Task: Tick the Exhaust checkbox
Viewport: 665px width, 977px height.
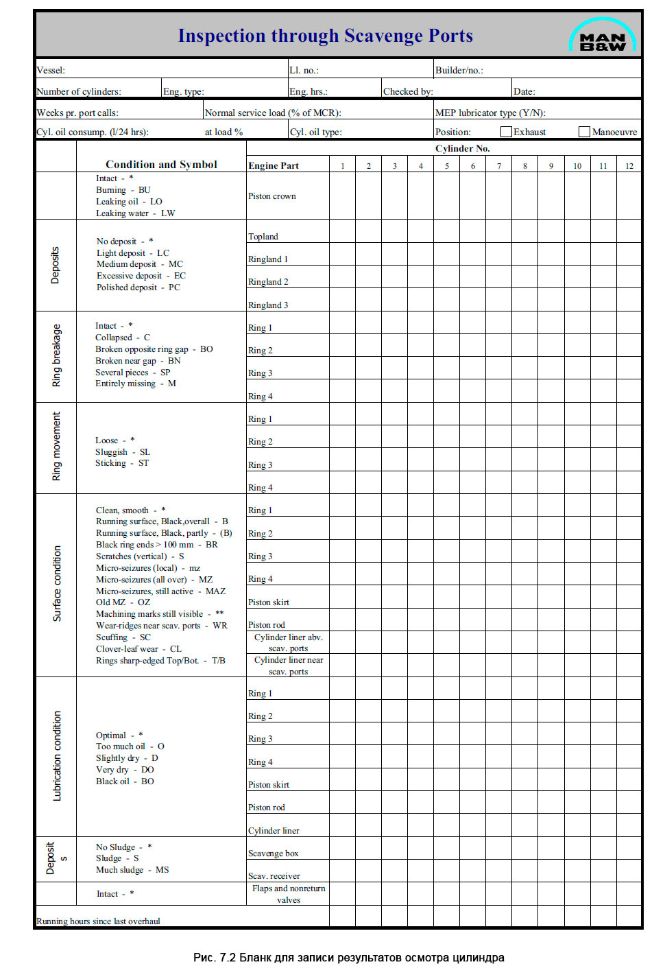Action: [x=506, y=132]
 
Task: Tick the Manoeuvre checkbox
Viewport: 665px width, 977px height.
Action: [x=584, y=132]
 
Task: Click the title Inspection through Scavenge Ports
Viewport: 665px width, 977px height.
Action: [x=325, y=36]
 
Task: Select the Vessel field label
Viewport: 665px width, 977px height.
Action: [x=51, y=70]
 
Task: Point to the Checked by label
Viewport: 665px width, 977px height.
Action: [x=408, y=91]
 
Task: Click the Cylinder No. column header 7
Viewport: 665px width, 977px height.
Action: [x=499, y=166]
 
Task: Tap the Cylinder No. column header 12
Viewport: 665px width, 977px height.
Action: [x=629, y=166]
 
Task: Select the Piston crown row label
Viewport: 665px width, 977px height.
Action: [x=272, y=196]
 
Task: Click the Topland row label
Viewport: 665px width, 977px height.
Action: [x=263, y=237]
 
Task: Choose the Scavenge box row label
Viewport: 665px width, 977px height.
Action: [x=273, y=854]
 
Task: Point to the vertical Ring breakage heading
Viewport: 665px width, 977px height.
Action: [x=56, y=355]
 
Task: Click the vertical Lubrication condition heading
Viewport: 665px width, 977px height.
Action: [x=57, y=755]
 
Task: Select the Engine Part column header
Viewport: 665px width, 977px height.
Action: [x=274, y=165]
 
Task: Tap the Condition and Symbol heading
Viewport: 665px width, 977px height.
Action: [x=161, y=165]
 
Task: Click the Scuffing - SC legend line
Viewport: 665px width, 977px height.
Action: [x=123, y=637]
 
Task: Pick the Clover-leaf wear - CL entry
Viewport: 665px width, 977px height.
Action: [x=138, y=649]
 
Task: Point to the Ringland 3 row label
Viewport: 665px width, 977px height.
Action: [x=268, y=305]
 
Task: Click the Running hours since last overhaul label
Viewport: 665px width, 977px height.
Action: [x=98, y=921]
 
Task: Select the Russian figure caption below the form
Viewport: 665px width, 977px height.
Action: [x=348, y=958]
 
